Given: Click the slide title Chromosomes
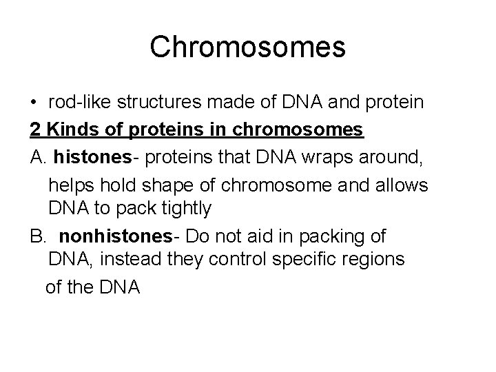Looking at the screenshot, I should point(247,47).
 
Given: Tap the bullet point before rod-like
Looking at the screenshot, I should point(34,103).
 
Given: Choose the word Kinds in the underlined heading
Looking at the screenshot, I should point(71,130).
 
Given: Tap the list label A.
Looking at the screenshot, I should point(39,158).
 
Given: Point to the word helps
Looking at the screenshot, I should point(73,185).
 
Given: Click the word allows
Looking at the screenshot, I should point(402,185).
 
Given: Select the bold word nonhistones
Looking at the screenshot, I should point(115,236).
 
